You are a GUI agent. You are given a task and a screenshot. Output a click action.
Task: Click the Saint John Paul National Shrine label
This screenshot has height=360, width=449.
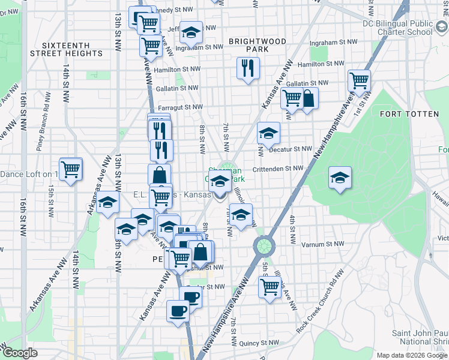420,337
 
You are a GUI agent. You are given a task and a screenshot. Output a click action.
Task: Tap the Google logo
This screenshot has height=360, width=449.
19,353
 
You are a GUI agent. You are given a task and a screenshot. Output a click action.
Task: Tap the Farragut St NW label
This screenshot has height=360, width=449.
180,107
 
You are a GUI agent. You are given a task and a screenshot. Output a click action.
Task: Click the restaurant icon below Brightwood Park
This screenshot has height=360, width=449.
248,68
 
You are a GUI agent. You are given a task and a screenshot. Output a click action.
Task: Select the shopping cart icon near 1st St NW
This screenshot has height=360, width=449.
359,80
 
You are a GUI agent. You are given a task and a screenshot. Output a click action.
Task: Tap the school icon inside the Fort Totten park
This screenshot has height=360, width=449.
340,177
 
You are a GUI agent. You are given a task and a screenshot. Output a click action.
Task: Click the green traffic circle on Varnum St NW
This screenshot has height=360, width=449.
262,245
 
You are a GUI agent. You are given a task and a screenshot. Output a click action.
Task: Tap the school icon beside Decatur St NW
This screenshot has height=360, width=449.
268,133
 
